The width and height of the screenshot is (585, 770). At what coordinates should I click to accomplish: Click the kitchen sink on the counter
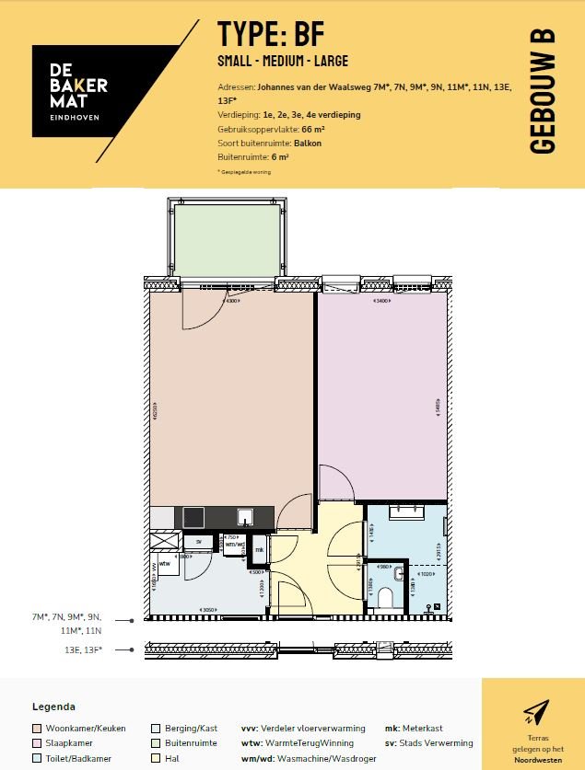click(246, 517)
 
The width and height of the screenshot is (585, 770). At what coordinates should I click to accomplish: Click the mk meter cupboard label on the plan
click(260, 550)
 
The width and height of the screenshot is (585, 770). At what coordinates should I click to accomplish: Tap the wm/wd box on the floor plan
click(236, 545)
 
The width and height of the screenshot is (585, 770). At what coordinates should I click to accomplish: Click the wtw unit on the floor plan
click(165, 562)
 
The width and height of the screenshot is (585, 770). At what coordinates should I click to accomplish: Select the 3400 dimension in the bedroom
click(380, 301)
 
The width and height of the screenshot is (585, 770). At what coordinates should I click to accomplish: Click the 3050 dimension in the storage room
click(209, 610)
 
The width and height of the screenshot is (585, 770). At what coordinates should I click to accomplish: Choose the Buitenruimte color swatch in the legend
click(156, 742)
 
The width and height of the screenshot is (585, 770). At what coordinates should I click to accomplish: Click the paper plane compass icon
click(534, 711)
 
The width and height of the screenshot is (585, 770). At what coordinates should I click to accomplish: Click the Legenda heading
click(53, 707)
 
